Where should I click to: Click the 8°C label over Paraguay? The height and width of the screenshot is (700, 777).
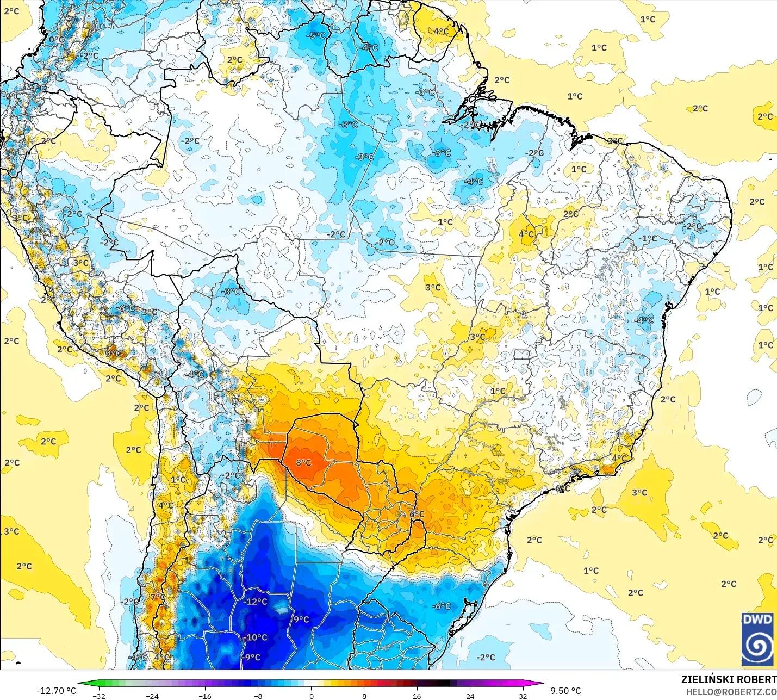click(303, 463)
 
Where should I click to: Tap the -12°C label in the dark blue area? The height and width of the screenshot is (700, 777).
click(255, 602)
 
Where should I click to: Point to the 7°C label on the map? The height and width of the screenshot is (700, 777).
click(157, 597)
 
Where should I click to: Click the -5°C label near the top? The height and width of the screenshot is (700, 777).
click(316, 35)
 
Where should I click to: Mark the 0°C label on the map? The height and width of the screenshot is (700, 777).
click(56, 39)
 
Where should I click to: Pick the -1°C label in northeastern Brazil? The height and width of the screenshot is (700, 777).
click(648, 239)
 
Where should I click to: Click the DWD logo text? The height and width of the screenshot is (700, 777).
click(757, 620)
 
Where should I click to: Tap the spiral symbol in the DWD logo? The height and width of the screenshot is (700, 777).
click(757, 646)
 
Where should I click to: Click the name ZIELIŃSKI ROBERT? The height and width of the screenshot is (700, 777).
click(729, 679)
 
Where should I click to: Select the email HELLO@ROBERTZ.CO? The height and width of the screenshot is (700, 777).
click(731, 692)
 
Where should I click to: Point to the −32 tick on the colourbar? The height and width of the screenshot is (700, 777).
click(99, 696)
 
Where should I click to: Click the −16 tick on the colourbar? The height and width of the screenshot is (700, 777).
click(205, 696)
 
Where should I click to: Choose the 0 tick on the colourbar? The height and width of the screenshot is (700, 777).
click(312, 696)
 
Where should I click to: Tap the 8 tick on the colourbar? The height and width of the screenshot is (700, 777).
click(364, 696)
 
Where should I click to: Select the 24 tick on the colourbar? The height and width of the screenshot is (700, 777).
click(470, 696)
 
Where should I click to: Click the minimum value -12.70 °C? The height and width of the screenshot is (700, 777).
click(56, 691)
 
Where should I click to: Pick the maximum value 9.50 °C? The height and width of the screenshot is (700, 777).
click(565, 691)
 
